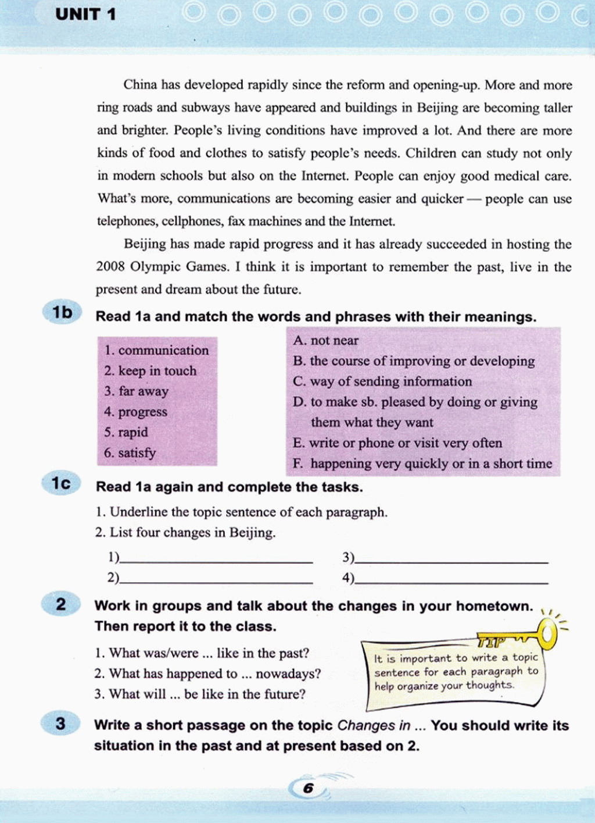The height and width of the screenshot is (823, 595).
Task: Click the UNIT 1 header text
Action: pyautogui.click(x=85, y=14)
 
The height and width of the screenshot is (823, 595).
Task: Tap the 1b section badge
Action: pyautogui.click(x=62, y=313)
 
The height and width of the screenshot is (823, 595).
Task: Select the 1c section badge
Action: pyautogui.click(x=60, y=483)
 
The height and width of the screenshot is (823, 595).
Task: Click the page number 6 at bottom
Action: pyautogui.click(x=308, y=788)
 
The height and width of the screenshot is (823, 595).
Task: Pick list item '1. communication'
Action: pyautogui.click(x=156, y=350)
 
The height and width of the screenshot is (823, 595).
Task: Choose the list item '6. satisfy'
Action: pyautogui.click(x=130, y=453)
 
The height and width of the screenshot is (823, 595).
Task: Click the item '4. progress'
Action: pyautogui.click(x=135, y=412)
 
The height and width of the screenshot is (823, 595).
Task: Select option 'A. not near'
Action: pyautogui.click(x=325, y=340)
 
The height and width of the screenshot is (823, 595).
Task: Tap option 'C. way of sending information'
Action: pyautogui.click(x=382, y=382)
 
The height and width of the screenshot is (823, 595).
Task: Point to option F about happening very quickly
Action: pyautogui.click(x=422, y=464)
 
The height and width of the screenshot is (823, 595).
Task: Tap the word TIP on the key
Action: pyautogui.click(x=492, y=642)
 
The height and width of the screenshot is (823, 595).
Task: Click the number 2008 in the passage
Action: pyautogui.click(x=110, y=267)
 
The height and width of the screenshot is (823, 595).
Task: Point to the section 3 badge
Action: pyautogui.click(x=60, y=724)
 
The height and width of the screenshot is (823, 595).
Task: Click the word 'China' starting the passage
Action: pyautogui.click(x=140, y=85)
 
